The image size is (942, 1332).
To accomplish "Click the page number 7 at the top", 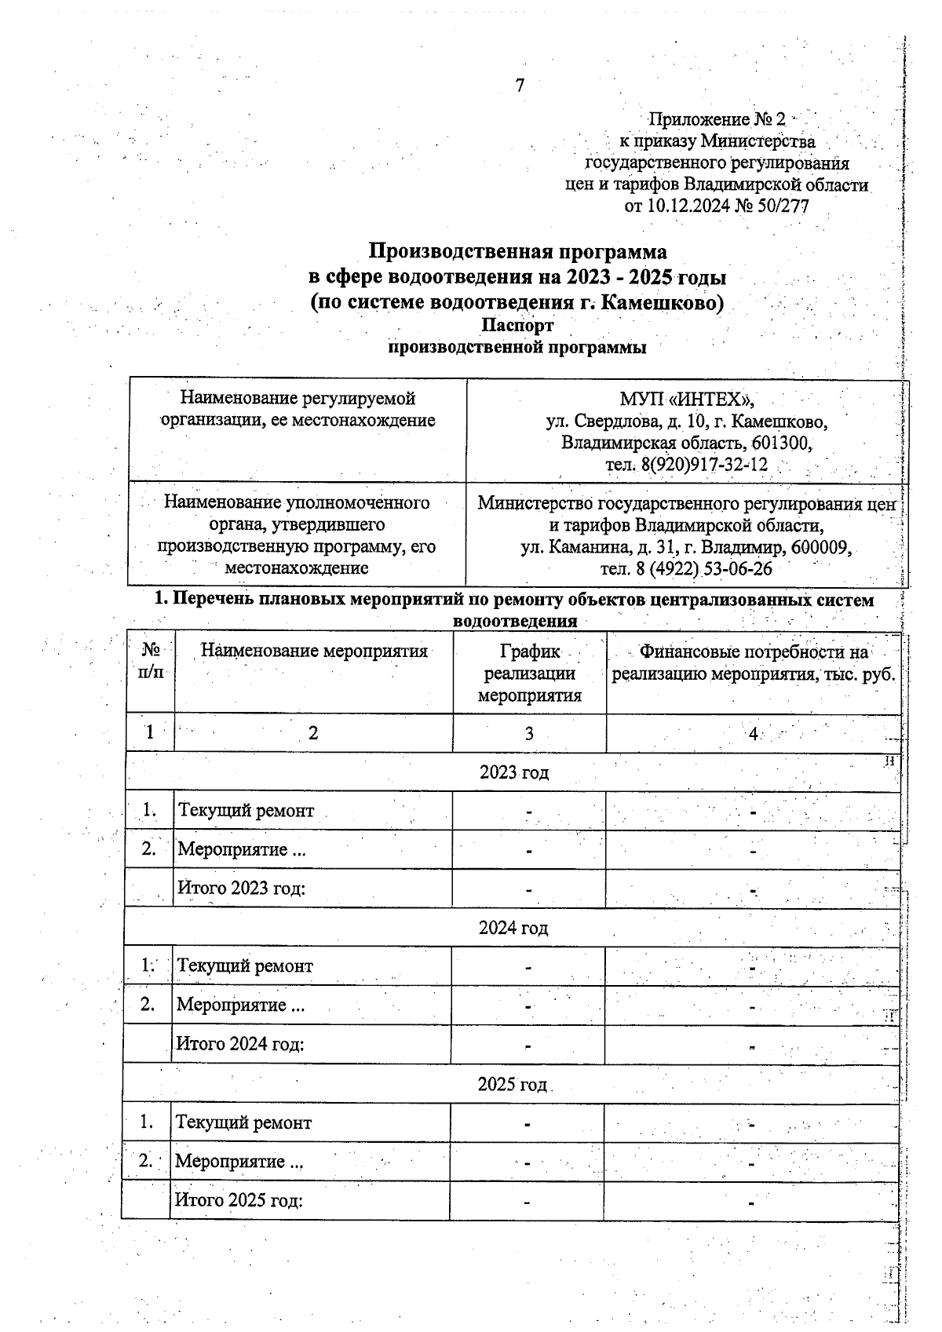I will pyautogui.click(x=519, y=86).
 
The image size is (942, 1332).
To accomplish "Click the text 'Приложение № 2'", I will pyautogui.click(x=716, y=119).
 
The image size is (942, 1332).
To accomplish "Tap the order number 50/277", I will pyautogui.click(x=780, y=206).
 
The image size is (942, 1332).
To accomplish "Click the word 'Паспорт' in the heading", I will pyautogui.click(x=517, y=325).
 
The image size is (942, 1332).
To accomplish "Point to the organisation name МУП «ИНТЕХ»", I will pyautogui.click(x=686, y=400).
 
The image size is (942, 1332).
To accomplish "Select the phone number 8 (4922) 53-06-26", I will pyautogui.click(x=685, y=568).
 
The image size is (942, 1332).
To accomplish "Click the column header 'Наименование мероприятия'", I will pyautogui.click(x=313, y=651).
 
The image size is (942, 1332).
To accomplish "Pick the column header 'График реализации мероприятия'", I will pyautogui.click(x=529, y=673).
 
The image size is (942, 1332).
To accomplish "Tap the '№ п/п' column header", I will pyautogui.click(x=151, y=662).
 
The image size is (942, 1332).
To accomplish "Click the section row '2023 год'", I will pyautogui.click(x=513, y=772).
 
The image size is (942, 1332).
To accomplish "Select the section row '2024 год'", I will pyautogui.click(x=513, y=928).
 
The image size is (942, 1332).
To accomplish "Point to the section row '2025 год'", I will pyautogui.click(x=512, y=1084).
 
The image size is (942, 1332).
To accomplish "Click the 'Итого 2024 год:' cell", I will pyautogui.click(x=240, y=1044).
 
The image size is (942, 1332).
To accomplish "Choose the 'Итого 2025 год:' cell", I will pyautogui.click(x=239, y=1200).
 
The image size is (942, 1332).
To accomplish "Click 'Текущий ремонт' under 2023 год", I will pyautogui.click(x=246, y=811).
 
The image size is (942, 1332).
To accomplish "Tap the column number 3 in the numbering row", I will pyautogui.click(x=529, y=734).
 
